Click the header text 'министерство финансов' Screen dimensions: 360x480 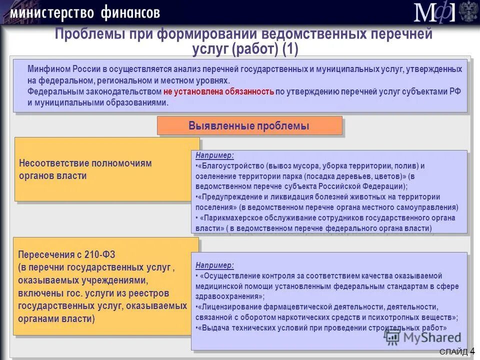click(84, 12)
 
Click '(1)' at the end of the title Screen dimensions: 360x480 click(290, 48)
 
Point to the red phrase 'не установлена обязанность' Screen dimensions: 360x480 click(218, 91)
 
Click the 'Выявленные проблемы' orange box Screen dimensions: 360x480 click(249, 126)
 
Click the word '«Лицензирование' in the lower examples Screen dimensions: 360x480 click(228, 307)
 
